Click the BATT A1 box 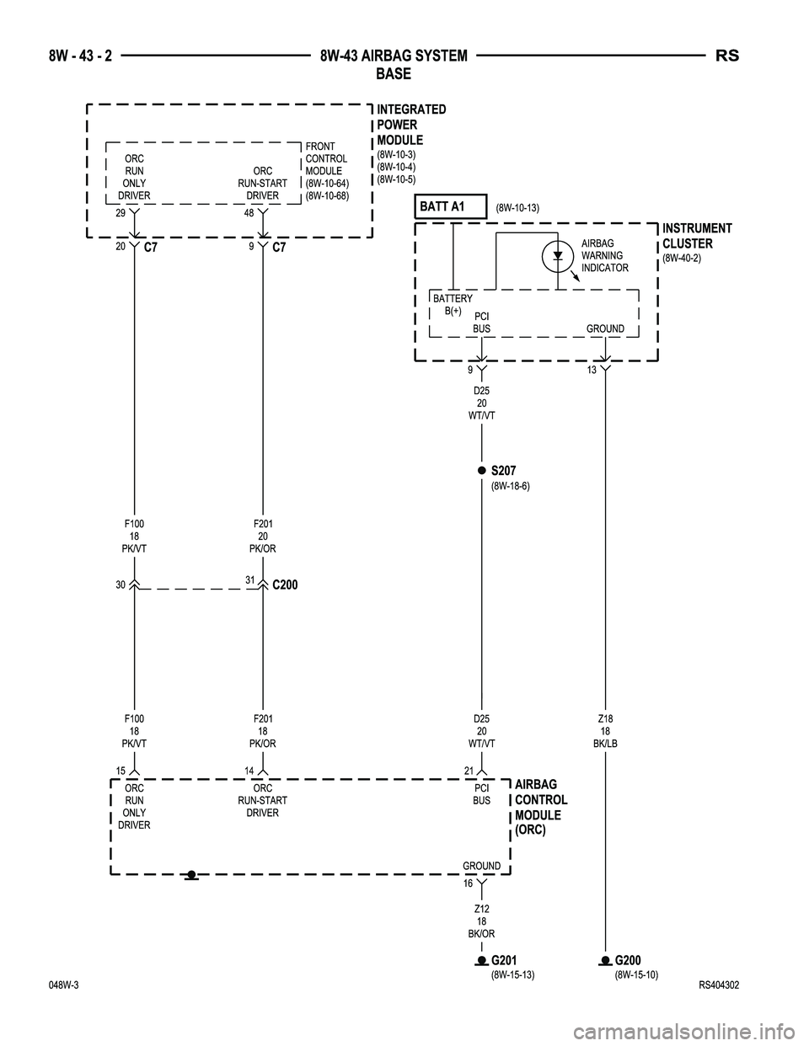[452, 206]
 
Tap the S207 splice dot [480, 471]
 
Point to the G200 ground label [629, 960]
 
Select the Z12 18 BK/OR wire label [481, 921]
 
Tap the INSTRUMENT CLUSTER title [697, 236]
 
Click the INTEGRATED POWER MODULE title [411, 125]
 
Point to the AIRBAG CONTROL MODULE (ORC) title [541, 807]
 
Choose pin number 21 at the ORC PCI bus [469, 771]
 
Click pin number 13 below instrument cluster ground [592, 371]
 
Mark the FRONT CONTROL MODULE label [325, 165]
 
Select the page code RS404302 [715, 986]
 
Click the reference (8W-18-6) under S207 [510, 486]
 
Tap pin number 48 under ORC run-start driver [249, 216]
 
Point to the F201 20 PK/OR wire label [263, 536]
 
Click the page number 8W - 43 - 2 [80, 56]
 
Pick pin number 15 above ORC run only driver [121, 771]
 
